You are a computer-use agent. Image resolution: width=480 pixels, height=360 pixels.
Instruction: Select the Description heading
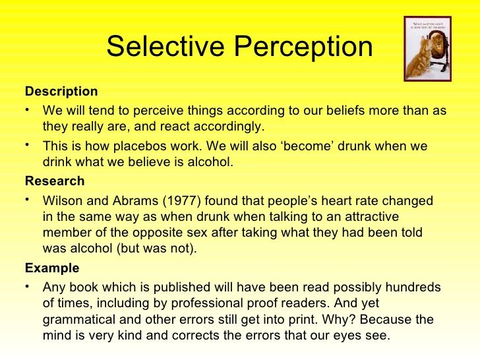coord(61,91)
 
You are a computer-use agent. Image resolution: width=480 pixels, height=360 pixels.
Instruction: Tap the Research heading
coord(55,181)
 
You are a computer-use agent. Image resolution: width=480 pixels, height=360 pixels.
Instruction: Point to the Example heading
coord(51,268)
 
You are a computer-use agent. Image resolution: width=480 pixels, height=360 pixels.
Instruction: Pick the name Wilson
coord(63,200)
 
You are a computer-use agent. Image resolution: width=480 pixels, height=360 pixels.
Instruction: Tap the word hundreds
coord(411,287)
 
